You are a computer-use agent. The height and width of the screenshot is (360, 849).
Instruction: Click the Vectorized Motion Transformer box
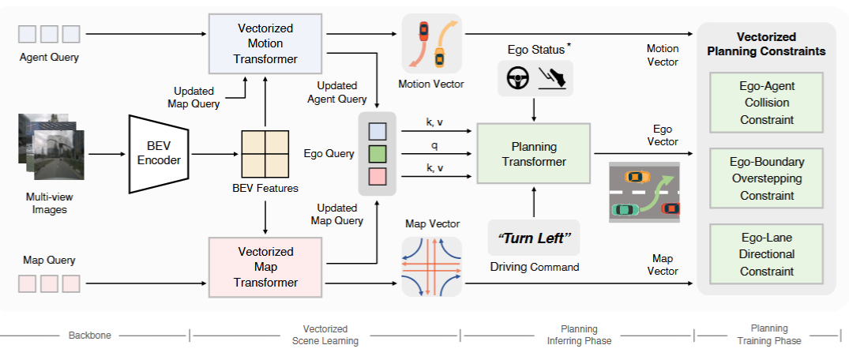(265, 44)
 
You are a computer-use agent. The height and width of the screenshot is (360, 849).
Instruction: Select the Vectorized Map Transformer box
(265, 267)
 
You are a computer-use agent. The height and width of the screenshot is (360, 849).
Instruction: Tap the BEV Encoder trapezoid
(159, 154)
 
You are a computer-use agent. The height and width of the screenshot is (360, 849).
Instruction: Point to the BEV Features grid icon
(265, 154)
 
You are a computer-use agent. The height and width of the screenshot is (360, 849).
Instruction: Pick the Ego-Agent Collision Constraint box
(765, 103)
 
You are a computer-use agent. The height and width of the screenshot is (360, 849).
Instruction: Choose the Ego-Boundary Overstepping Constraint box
(765, 178)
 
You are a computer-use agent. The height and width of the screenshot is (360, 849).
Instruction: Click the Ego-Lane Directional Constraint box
(765, 254)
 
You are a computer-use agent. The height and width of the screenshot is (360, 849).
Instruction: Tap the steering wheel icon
(517, 79)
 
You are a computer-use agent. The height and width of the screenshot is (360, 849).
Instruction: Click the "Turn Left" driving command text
(534, 238)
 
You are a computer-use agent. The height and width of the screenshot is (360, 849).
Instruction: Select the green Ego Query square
(378, 154)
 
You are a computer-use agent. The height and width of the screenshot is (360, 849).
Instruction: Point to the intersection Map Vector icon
(431, 266)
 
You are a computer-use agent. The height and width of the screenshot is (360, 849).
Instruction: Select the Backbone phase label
(90, 335)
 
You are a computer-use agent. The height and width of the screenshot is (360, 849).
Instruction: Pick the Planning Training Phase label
(769, 335)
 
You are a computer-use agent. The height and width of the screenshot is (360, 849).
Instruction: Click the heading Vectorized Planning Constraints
(766, 44)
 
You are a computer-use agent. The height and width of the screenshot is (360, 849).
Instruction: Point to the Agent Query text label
(49, 57)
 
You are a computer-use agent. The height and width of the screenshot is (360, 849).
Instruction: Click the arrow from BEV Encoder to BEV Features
(215, 154)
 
